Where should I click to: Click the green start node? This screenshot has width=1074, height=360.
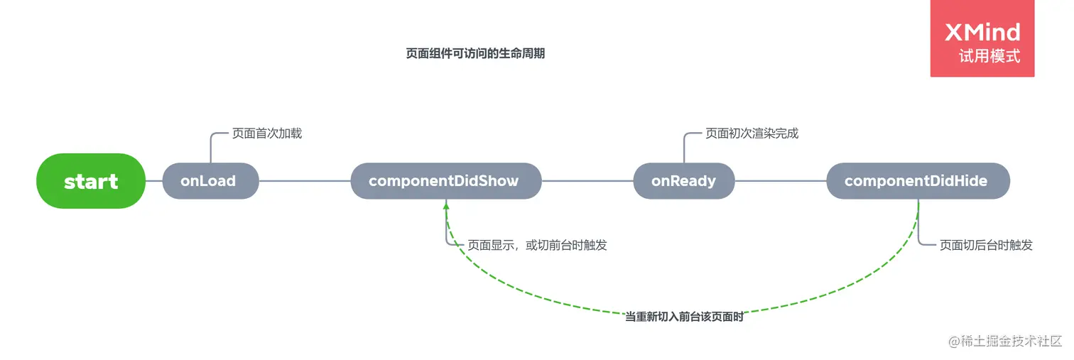[91, 181]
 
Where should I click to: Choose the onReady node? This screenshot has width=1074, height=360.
[683, 181]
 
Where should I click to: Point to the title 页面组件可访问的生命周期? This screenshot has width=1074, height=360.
[475, 53]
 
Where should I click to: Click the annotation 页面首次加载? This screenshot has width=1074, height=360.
[267, 133]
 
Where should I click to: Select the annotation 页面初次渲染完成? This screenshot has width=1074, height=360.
[752, 133]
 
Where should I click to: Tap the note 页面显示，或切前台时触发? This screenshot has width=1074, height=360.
[537, 245]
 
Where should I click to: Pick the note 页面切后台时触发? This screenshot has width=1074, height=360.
[986, 245]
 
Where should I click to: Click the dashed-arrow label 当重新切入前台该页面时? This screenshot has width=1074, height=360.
[684, 317]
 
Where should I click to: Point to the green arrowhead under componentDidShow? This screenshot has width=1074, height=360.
[446, 204]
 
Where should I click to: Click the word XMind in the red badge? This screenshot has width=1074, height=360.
[982, 32]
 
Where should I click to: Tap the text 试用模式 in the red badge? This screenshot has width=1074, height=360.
[989, 56]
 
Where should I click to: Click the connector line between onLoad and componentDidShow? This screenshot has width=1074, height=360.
[305, 181]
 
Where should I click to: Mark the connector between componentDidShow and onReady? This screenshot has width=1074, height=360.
[587, 181]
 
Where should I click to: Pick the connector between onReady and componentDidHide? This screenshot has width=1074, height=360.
[781, 181]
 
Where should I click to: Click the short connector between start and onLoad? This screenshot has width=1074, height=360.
[154, 181]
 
